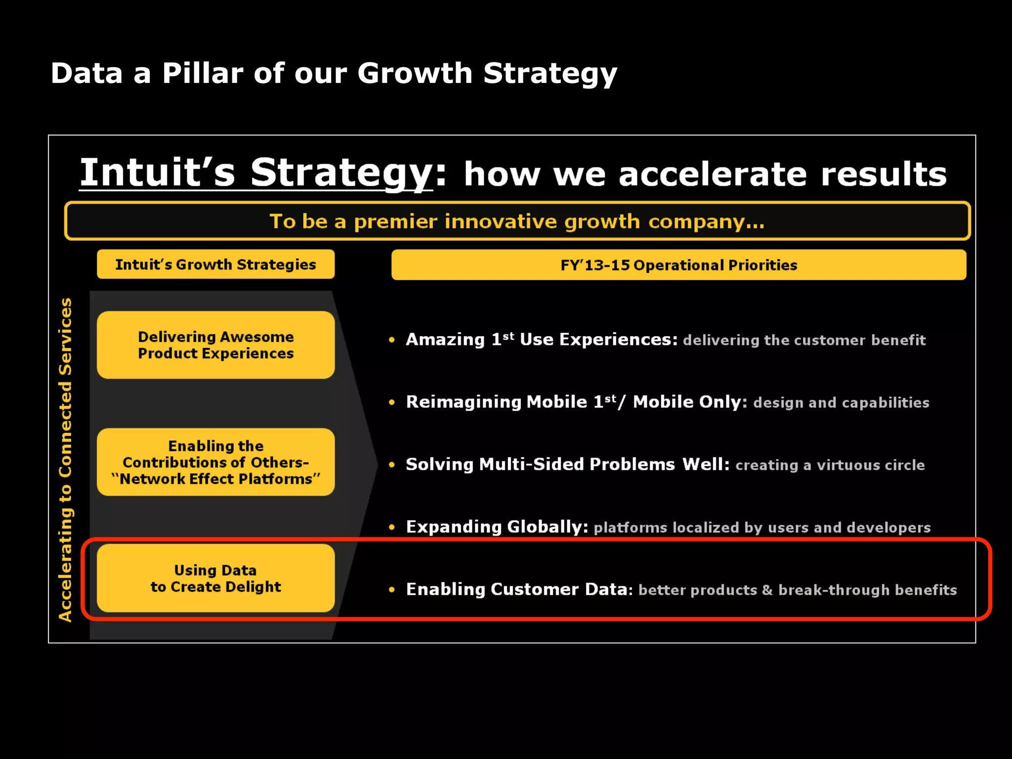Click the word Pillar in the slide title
(x=203, y=73)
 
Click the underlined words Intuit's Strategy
(x=255, y=172)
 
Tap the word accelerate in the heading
(x=713, y=174)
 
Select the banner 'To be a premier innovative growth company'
(x=517, y=221)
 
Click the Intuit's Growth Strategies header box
(x=215, y=264)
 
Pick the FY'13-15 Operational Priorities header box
(x=678, y=265)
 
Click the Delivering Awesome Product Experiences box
(x=215, y=345)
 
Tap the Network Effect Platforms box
(x=215, y=462)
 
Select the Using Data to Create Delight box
(x=215, y=578)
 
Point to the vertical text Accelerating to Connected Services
(x=66, y=460)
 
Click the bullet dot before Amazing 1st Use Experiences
(x=392, y=339)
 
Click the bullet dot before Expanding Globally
(x=392, y=527)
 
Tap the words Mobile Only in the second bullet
(x=690, y=402)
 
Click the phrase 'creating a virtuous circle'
(x=830, y=465)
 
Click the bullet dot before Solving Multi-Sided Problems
(x=392, y=464)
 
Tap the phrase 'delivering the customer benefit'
(x=804, y=340)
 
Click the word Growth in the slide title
(x=415, y=73)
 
